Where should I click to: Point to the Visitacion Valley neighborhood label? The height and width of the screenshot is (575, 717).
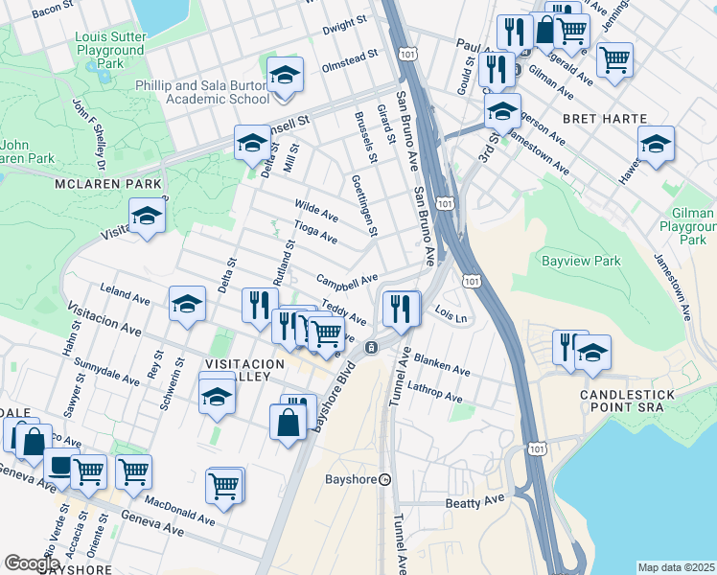click(x=244, y=372)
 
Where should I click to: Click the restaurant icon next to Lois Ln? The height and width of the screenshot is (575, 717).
click(x=402, y=308)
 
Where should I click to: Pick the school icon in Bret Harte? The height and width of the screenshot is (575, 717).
click(x=657, y=144)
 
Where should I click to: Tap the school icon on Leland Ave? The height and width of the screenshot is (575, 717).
click(x=188, y=304)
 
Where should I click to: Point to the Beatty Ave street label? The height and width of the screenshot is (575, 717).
click(x=474, y=501)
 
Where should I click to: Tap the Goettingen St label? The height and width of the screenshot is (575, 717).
click(x=365, y=205)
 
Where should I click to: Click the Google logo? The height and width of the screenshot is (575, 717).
click(x=32, y=563)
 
